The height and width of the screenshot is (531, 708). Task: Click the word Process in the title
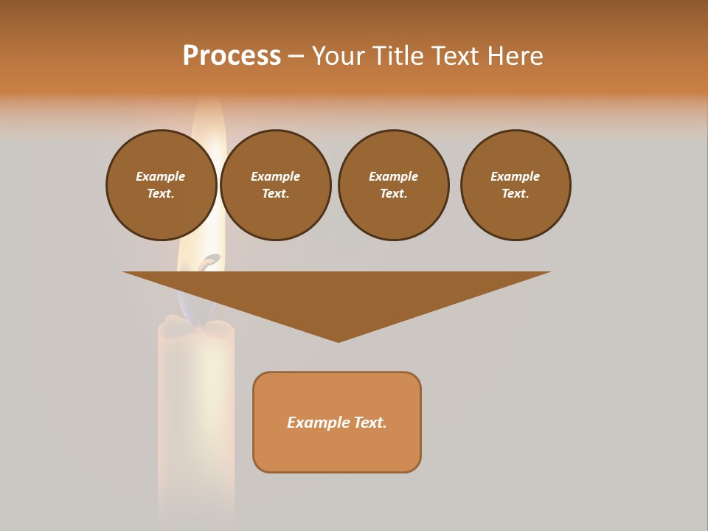[x=232, y=56]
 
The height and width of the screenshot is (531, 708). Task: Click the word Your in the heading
[x=338, y=56]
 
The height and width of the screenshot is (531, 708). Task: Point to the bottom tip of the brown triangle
[x=338, y=340]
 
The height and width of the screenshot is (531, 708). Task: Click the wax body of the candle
[x=196, y=413]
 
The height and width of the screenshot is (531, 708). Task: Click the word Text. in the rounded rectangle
[x=369, y=423]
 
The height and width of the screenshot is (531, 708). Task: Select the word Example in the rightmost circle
[x=515, y=176]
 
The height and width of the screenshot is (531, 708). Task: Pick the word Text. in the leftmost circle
[x=161, y=193]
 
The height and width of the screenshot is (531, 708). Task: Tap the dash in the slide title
[x=296, y=56]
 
